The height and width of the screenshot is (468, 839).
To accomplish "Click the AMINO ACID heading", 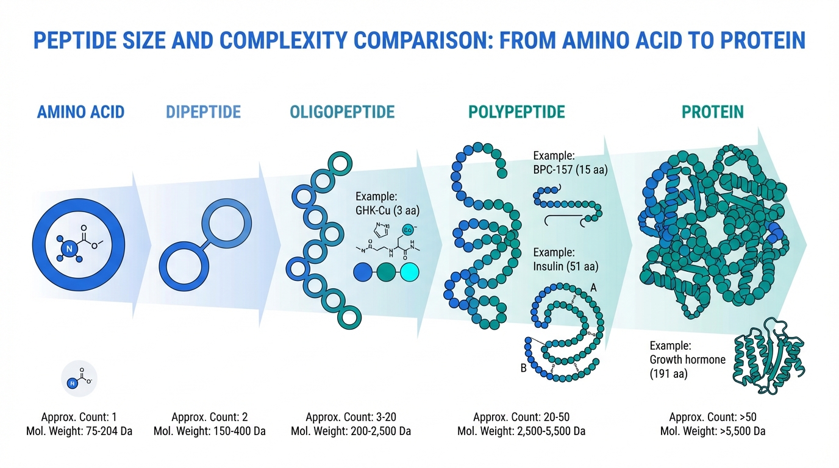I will [80, 112].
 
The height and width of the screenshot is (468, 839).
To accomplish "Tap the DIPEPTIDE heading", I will [203, 112].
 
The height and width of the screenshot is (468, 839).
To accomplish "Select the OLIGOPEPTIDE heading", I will [342, 112].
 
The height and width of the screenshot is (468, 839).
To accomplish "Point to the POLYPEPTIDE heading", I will [516, 112].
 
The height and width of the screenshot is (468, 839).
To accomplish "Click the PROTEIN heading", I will [713, 112].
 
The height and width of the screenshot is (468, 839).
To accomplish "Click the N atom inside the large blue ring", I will [69, 248].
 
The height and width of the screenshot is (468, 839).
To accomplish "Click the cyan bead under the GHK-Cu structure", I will [409, 272].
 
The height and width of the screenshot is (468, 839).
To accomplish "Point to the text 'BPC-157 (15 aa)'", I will [571, 170].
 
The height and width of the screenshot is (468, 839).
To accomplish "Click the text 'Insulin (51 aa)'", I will [566, 266].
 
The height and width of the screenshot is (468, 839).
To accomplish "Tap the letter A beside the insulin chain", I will [594, 287].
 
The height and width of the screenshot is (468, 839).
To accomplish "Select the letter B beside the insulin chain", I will [523, 369].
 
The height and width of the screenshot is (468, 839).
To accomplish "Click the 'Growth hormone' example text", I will [688, 359].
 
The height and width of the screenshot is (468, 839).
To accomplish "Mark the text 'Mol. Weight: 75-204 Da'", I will [79, 431].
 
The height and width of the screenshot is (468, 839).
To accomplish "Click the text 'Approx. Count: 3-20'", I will [351, 417].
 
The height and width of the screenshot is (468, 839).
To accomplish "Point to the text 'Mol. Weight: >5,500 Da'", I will [713, 431].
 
